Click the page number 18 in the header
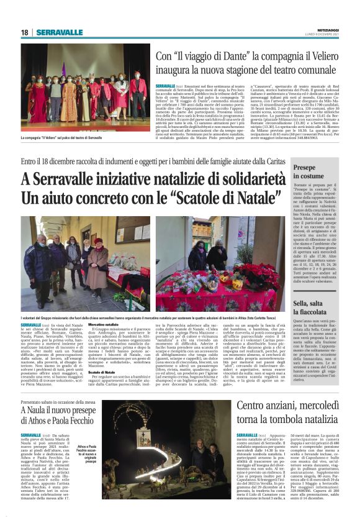click(x=24, y=32)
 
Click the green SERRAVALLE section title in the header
click(x=59, y=32)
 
